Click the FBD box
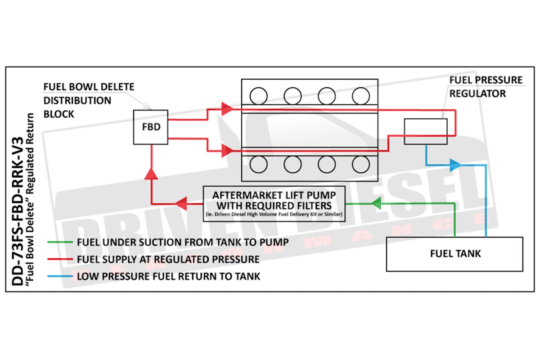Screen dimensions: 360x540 point(151,127)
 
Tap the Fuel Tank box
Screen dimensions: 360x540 point(454,253)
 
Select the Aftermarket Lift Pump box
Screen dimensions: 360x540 point(274,204)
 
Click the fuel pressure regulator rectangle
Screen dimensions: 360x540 point(425,131)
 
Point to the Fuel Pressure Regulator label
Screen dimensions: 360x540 point(486,87)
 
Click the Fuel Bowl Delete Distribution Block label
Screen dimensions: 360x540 point(88,99)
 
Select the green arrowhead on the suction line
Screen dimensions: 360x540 point(376,203)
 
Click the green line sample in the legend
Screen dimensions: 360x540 point(60,242)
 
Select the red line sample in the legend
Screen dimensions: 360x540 point(60,259)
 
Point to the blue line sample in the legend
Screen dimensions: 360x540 point(60,276)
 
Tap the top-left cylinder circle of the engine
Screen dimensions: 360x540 point(258,95)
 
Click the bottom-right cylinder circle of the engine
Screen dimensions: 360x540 point(361,165)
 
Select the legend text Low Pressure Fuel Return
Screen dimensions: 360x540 point(169,276)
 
